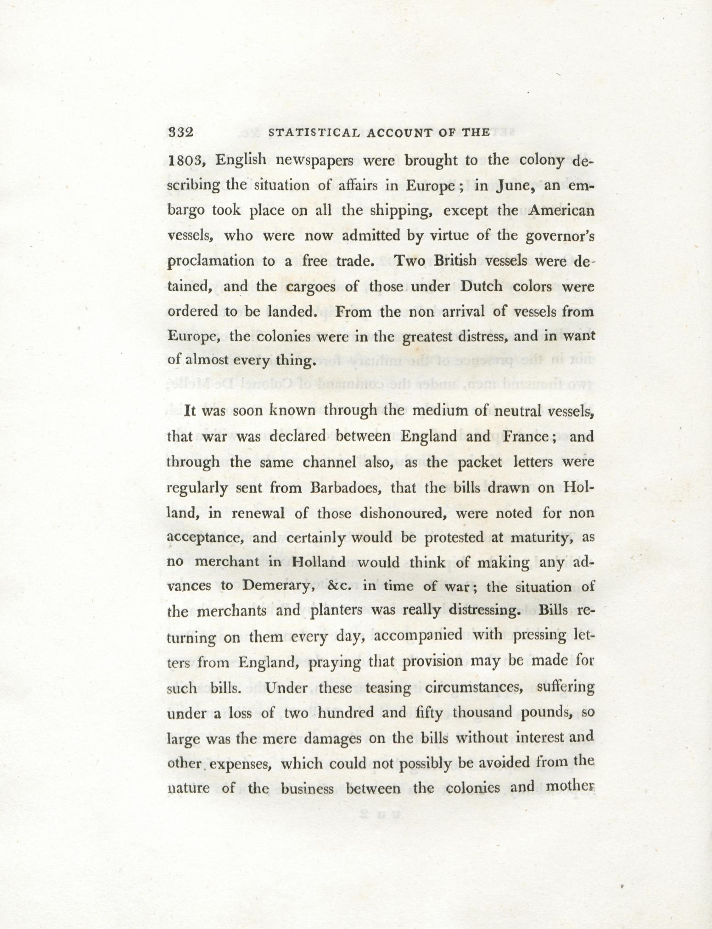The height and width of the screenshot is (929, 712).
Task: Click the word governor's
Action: click(x=559, y=236)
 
